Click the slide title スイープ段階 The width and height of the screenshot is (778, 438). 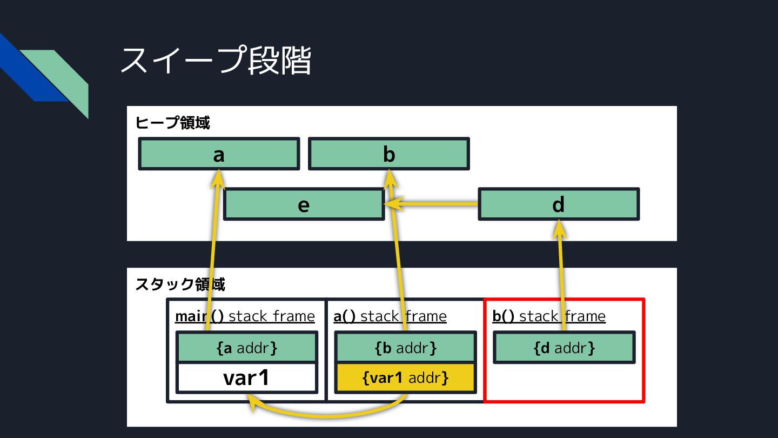click(216, 60)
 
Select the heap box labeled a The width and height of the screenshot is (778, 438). click(219, 154)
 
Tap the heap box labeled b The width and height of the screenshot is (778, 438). click(389, 154)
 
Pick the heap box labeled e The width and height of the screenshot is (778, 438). click(304, 204)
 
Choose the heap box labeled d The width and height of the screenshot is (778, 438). click(559, 204)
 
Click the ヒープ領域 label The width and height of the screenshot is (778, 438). click(172, 123)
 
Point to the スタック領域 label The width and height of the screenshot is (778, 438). click(180, 284)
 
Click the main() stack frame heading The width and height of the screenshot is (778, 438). click(245, 316)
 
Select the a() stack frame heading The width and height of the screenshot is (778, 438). click(390, 316)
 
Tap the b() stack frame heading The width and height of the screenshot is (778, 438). click(549, 316)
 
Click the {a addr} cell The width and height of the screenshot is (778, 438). click(247, 348)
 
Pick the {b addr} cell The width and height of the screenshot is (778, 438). click(406, 348)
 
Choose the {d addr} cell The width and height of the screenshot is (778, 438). click(564, 348)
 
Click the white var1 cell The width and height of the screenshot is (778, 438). click(247, 378)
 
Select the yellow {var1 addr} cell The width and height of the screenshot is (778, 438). click(406, 378)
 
